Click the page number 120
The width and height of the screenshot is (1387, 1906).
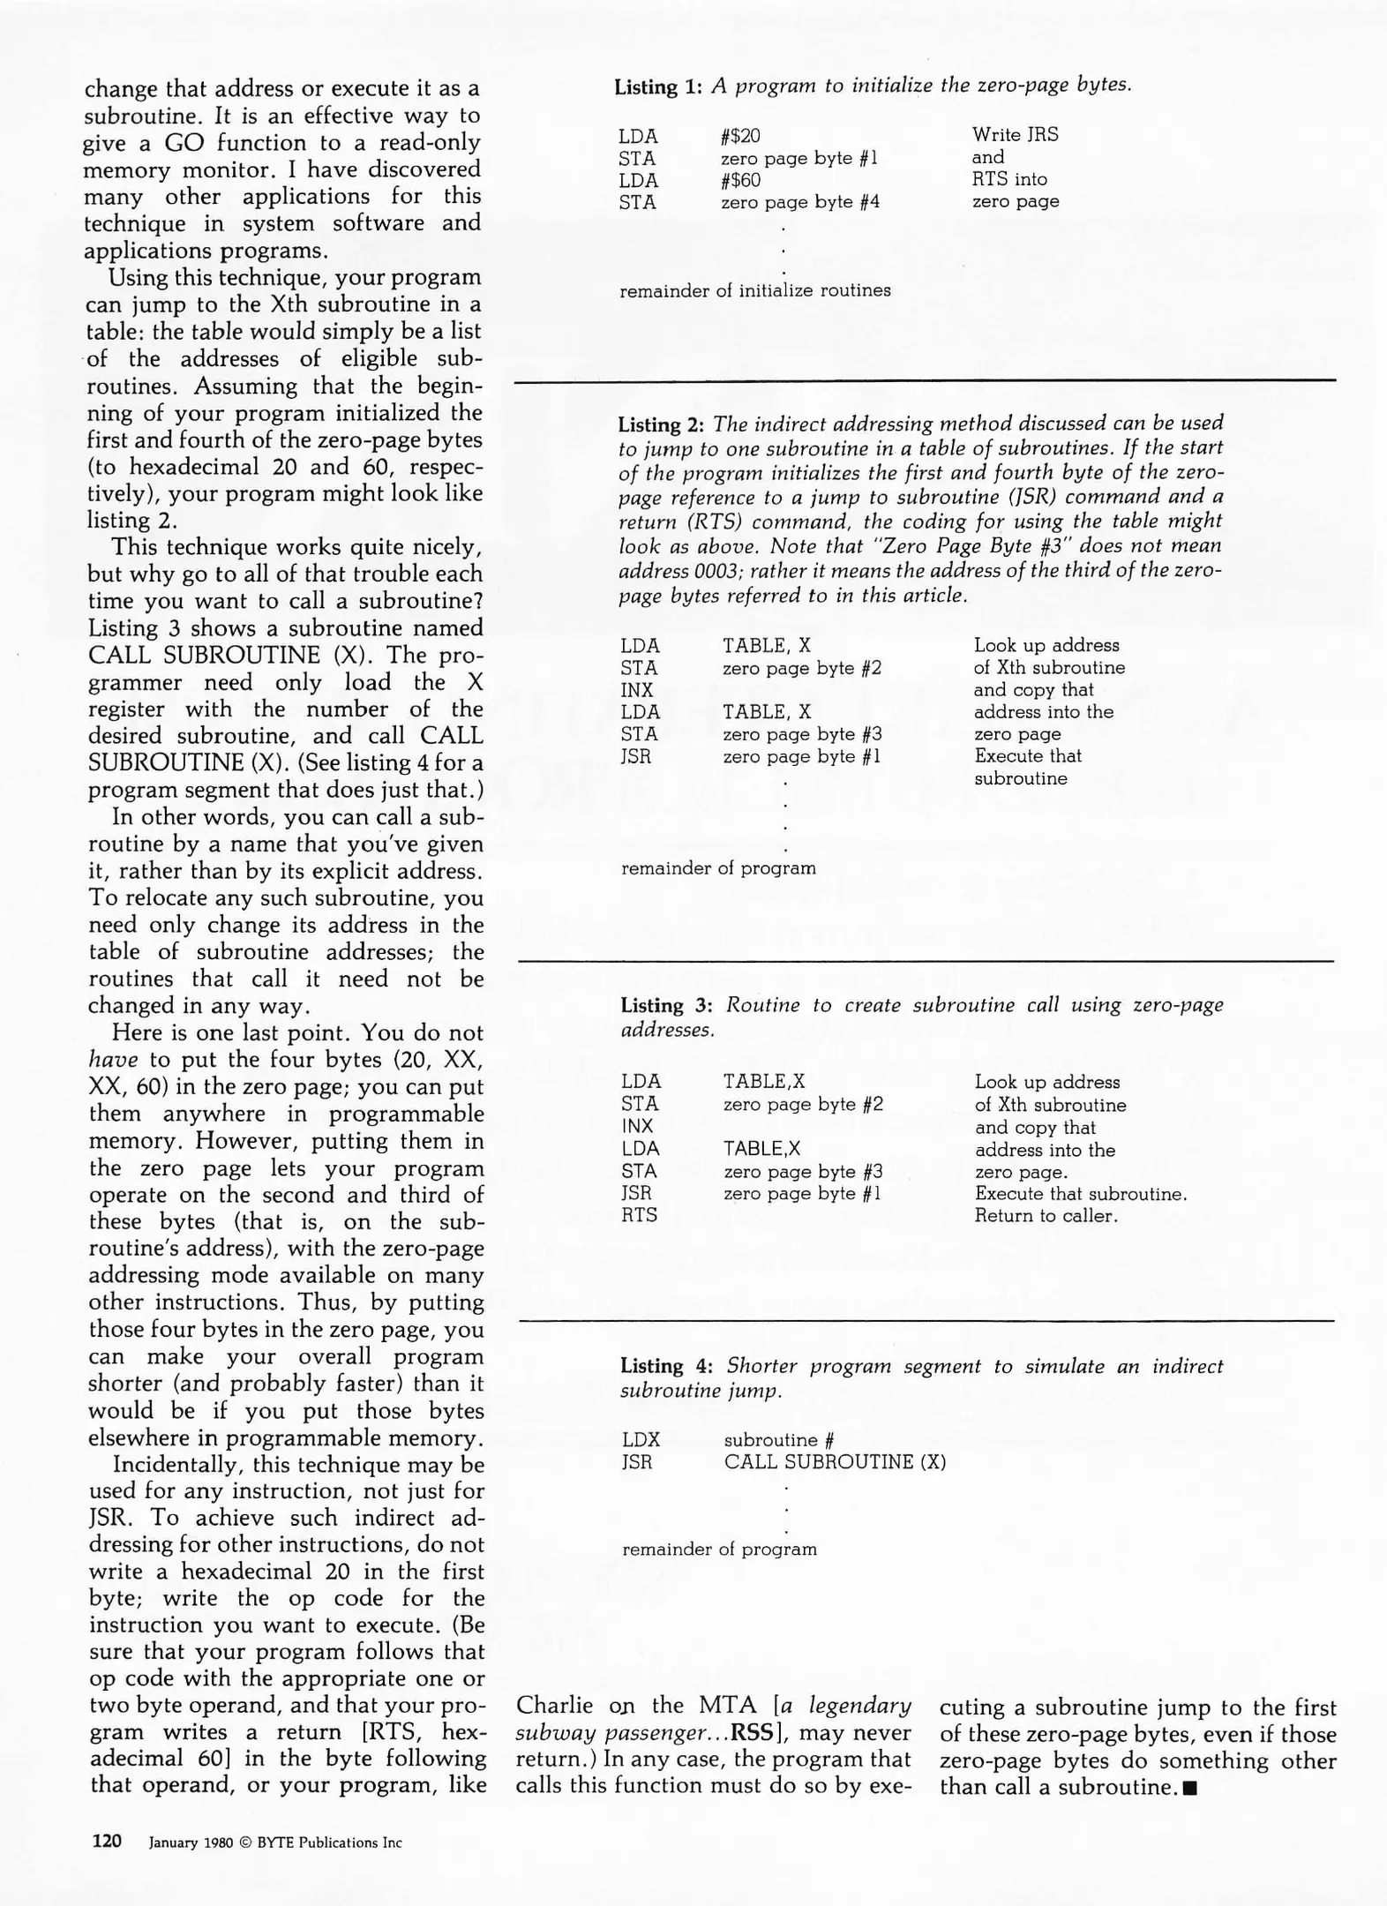point(107,1841)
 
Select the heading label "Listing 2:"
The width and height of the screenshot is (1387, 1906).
point(661,424)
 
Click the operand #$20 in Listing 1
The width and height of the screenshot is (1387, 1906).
point(740,136)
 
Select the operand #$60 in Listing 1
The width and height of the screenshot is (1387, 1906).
point(740,180)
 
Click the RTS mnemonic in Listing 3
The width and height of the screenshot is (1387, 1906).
point(639,1215)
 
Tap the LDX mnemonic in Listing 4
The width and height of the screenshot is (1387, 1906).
point(641,1439)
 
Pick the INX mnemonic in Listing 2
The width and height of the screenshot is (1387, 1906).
point(637,690)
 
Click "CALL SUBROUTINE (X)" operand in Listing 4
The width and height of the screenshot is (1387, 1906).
point(835,1461)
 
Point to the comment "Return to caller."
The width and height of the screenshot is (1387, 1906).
point(1046,1215)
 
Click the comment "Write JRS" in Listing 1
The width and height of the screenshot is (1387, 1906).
point(1015,135)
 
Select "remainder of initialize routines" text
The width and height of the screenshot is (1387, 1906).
point(755,290)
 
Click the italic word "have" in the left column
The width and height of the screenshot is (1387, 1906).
point(113,1060)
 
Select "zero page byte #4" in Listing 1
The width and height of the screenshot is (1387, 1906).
point(799,202)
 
